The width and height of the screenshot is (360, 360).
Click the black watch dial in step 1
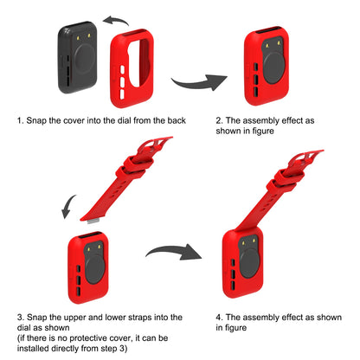77,57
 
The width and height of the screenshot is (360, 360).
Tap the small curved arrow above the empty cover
116,21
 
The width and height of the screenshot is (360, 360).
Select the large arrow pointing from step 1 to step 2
200,82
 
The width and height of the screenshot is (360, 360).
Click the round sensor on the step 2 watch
274,68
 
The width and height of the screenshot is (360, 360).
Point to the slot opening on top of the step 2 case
268,30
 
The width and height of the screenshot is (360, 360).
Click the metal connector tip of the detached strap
93,222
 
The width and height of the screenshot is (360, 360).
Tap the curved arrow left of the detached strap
68,207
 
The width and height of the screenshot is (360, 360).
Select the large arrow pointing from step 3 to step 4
174,252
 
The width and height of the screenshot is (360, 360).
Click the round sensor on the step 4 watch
250,263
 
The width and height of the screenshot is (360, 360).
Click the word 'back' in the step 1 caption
177,120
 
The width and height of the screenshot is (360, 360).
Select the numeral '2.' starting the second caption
219,120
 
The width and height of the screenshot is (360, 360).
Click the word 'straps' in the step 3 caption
137,318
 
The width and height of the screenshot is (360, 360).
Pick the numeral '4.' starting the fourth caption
219,318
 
